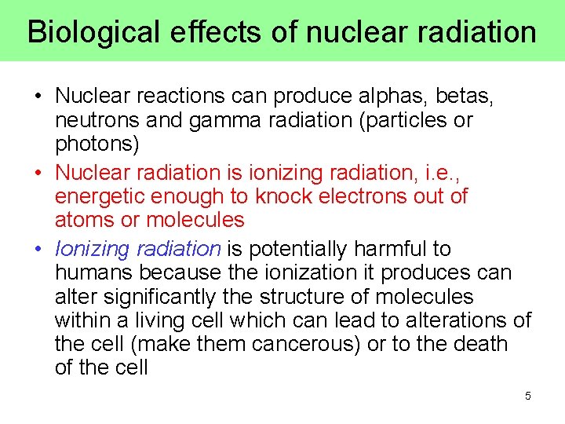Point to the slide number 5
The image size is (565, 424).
[x=528, y=396]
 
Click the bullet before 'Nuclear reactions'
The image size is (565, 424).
[x=38, y=97]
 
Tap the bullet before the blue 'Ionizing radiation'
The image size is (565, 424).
[x=38, y=250]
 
